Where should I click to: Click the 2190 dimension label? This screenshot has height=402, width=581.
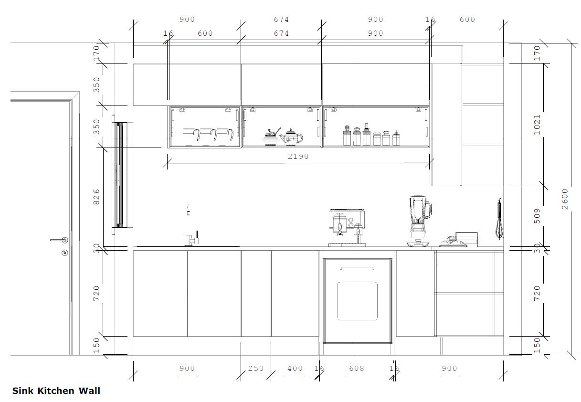point(298,157)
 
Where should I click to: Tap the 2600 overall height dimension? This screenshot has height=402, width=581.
point(565,199)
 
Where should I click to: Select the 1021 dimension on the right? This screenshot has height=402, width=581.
point(537,125)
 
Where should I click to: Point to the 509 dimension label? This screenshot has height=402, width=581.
point(537,216)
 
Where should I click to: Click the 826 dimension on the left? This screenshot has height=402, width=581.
point(96,197)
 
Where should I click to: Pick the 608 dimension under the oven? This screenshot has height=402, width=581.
point(356,368)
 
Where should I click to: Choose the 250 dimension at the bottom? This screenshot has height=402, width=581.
point(256,368)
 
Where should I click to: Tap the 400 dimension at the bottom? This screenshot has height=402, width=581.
point(295,368)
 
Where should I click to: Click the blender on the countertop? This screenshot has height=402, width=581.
point(419,221)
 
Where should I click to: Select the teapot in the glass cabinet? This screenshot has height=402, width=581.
point(292,137)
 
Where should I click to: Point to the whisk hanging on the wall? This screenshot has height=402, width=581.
point(499,219)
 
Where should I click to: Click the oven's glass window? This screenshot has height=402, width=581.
point(358,301)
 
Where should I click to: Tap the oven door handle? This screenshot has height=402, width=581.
point(358,268)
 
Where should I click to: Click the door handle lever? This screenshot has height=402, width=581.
point(59,240)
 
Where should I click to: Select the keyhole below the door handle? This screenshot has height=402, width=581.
point(64,253)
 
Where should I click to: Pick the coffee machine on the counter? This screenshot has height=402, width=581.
point(347,227)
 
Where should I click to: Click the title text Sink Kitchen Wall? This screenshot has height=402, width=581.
point(56,391)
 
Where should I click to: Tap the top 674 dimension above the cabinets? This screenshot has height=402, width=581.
point(281,20)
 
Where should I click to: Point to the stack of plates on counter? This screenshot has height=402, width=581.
point(466,239)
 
